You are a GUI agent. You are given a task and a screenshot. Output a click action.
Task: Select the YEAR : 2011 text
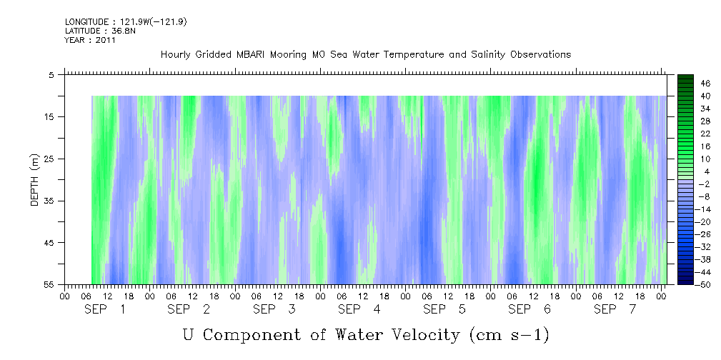90,40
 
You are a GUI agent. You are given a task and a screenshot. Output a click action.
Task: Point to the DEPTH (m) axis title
34,183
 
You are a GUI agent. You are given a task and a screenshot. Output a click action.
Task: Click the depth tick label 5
51,74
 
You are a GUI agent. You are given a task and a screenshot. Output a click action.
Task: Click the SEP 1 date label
105,309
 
